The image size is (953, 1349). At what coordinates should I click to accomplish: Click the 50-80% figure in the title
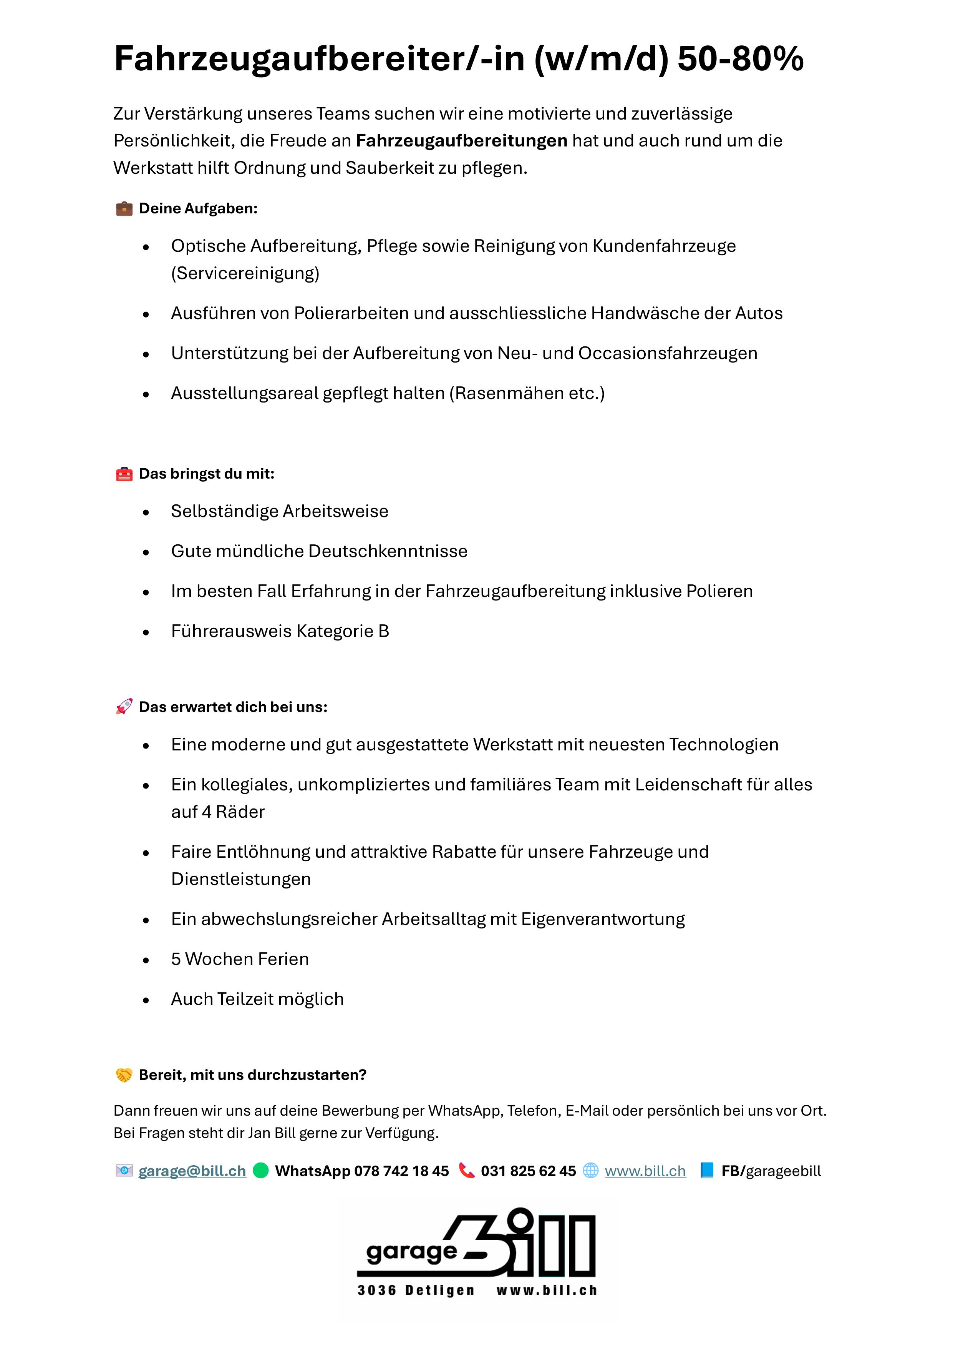tap(740, 59)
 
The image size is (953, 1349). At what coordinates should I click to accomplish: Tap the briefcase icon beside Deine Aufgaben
tap(124, 209)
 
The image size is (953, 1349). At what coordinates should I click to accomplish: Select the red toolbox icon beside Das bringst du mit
tap(124, 474)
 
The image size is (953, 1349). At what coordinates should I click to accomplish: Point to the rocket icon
tap(124, 707)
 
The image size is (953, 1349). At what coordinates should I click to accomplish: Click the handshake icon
tap(124, 1075)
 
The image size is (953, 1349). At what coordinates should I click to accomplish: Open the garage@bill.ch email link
tap(192, 1171)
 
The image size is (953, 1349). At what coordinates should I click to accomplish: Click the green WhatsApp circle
tap(261, 1170)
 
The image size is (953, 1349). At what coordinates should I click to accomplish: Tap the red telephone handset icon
tap(467, 1170)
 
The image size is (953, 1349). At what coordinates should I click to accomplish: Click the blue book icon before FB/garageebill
tap(707, 1170)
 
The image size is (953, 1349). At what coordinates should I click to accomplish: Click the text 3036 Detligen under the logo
tap(416, 1290)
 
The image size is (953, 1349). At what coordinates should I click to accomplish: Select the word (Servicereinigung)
tap(245, 273)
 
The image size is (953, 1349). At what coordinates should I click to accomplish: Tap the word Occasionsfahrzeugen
tap(668, 353)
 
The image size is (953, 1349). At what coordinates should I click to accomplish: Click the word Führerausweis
tap(231, 631)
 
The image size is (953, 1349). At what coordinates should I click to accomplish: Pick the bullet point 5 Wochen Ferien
tap(240, 959)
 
